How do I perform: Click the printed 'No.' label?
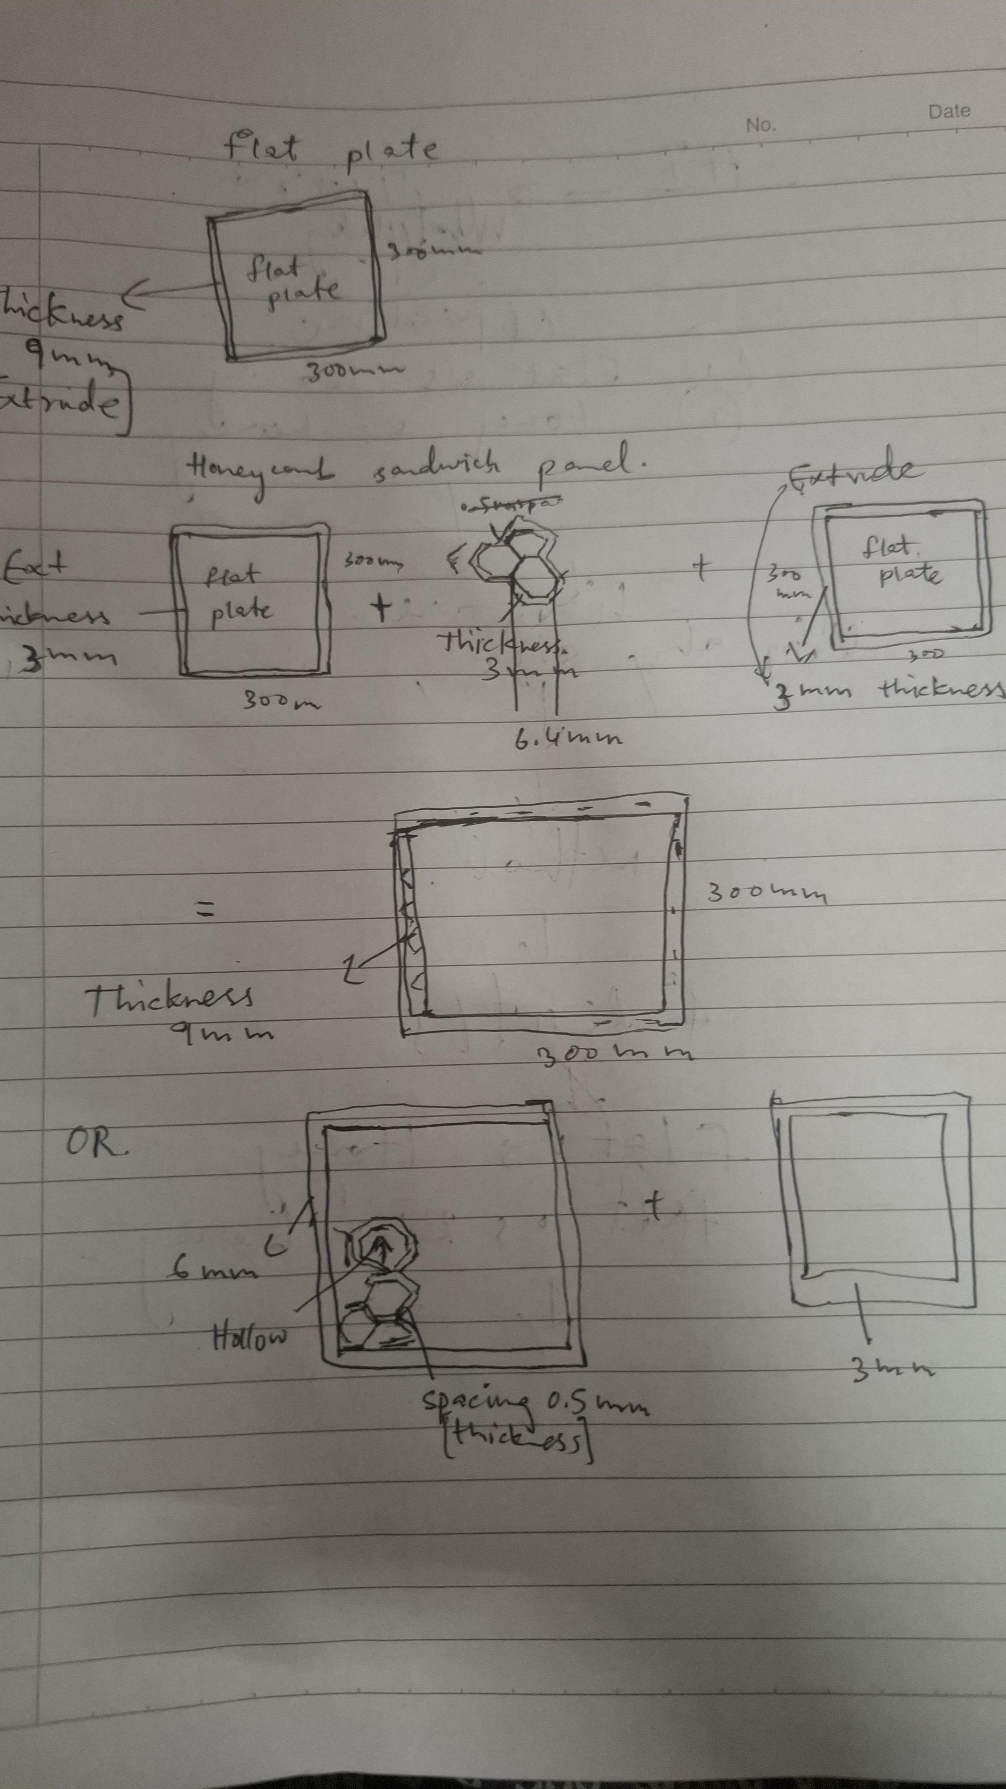click(760, 125)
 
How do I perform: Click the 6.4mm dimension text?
click(567, 739)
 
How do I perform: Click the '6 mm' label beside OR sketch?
click(212, 1270)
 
